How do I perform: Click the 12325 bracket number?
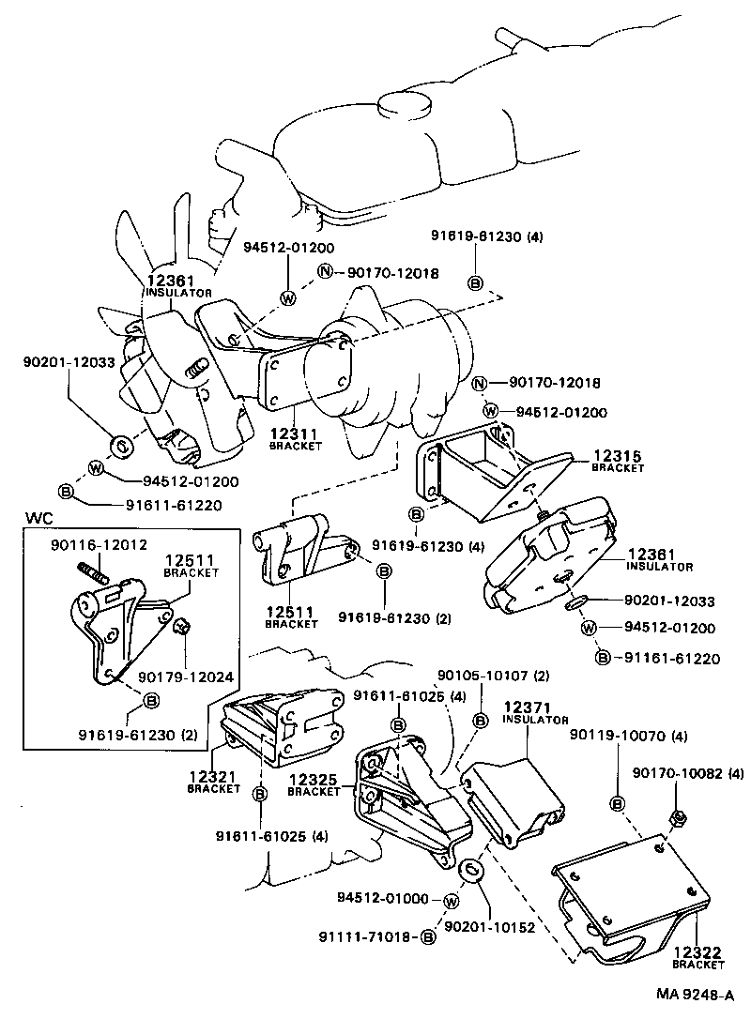click(314, 780)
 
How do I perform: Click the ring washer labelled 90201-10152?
click(472, 868)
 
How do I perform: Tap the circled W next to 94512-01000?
click(451, 902)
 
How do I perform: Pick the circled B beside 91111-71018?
click(428, 936)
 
